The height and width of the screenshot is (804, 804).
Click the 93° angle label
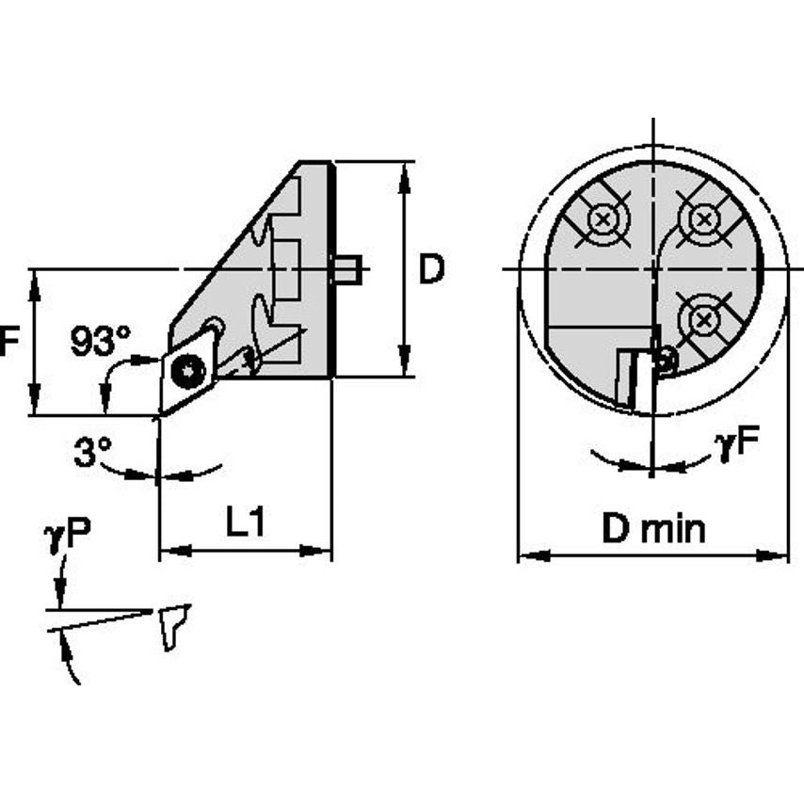[101, 341]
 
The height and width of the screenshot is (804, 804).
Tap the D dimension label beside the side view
[431, 271]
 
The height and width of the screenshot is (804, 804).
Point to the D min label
[653, 529]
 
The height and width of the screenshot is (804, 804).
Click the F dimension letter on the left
[9, 341]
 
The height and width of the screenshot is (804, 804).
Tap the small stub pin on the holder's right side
[346, 270]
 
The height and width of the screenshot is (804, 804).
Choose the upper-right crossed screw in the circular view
[702, 219]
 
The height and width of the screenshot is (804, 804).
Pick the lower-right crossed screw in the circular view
[702, 321]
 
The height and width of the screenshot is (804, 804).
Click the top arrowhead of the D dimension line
[406, 171]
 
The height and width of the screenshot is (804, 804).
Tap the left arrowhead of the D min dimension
[527, 556]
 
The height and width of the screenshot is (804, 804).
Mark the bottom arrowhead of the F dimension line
[35, 406]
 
